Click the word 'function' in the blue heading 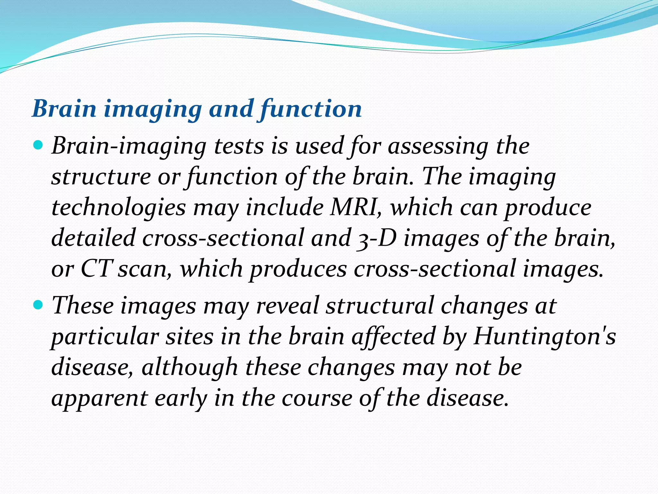pyautogui.click(x=311, y=109)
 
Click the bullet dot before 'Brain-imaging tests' pyautogui.click(x=38, y=146)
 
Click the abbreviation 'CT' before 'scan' pyautogui.click(x=96, y=269)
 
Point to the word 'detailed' pyautogui.click(x=93, y=238)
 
